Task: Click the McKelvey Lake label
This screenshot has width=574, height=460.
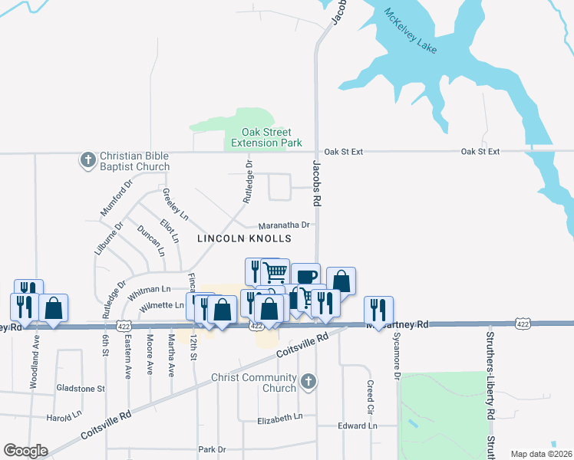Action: point(411,32)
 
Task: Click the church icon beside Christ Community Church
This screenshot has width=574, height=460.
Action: point(308,381)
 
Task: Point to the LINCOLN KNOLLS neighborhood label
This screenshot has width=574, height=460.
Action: point(245,238)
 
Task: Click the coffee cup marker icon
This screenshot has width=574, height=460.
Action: point(305,276)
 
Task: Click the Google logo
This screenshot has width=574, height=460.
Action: point(25,451)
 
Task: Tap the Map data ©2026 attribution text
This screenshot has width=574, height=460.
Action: point(540,454)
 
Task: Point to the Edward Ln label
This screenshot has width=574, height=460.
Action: point(358,426)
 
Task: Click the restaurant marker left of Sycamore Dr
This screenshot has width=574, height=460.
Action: point(378,310)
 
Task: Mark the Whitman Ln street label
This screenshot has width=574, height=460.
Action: point(150,291)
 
